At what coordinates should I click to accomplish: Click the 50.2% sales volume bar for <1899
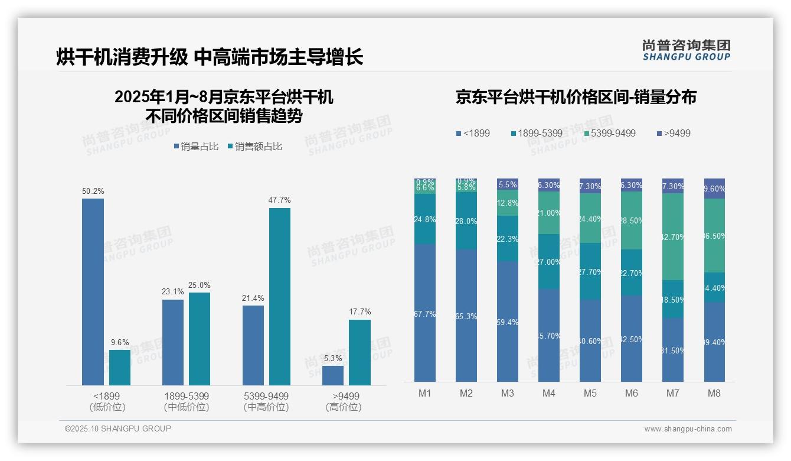(93, 292)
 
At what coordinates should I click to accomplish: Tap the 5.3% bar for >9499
(333, 375)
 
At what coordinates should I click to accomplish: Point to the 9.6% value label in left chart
(120, 342)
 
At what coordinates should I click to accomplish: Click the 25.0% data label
(200, 285)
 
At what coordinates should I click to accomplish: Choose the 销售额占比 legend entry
(254, 147)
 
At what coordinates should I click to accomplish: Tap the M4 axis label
(548, 393)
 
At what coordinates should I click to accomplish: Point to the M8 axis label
(714, 393)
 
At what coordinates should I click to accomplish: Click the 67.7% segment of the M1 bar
(425, 313)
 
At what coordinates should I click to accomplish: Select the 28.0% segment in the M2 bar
(466, 220)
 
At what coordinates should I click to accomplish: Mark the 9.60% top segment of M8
(714, 189)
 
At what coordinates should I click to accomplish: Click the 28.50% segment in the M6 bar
(632, 220)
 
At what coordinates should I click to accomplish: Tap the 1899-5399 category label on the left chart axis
(187, 396)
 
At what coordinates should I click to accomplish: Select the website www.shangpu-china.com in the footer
(688, 429)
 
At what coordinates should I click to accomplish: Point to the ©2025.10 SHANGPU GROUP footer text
(118, 428)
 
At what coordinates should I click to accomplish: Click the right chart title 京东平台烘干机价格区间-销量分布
(576, 98)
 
